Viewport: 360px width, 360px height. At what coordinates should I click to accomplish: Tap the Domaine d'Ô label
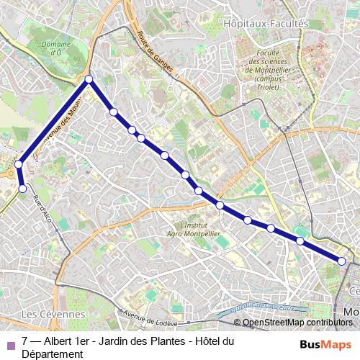(x=56, y=48)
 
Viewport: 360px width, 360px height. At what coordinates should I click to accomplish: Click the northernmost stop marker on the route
(x=89, y=79)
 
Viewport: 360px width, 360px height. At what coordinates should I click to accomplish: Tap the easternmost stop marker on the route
(x=342, y=261)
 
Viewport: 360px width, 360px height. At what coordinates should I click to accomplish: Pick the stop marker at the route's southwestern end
(x=22, y=189)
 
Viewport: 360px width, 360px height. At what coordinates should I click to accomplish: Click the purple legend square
(x=10, y=342)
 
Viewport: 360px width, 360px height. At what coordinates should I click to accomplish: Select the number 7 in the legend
(x=25, y=341)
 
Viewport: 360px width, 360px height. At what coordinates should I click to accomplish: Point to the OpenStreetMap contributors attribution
(x=297, y=323)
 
